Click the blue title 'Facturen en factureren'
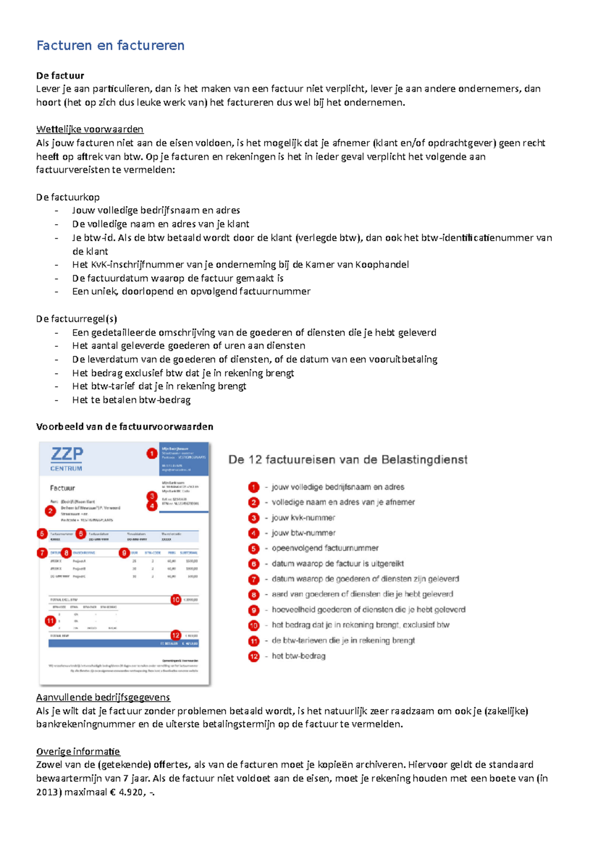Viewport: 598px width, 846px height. pos(110,45)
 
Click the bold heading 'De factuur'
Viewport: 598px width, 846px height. pos(60,76)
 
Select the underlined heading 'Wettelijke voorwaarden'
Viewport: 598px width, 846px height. pos(90,130)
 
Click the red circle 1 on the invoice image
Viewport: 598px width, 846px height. pos(152,453)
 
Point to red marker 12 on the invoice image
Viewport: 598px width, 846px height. pos(175,635)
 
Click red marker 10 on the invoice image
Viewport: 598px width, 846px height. pos(175,599)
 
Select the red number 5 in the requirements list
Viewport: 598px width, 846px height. pos(254,549)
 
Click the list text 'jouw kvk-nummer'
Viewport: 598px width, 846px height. pos(303,518)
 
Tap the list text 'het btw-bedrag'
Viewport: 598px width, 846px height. pos(299,656)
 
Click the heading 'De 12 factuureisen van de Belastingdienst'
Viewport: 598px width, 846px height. pos(348,459)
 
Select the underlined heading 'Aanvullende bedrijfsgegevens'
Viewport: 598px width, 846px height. pos(103,697)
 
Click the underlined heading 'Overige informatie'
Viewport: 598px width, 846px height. pos(78,751)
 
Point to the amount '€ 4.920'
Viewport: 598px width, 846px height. pos(127,792)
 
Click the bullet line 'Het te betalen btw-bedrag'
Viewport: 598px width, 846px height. pos(131,400)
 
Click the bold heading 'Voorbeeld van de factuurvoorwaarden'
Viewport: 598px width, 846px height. pos(125,426)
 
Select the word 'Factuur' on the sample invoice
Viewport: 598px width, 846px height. pos(62,488)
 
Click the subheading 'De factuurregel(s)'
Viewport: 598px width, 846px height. pos(76,319)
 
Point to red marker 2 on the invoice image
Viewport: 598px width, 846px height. pos(50,511)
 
